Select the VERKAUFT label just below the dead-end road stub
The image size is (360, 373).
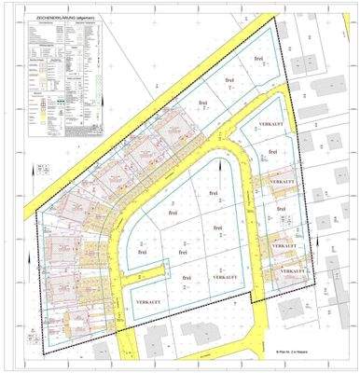(x=152, y=304)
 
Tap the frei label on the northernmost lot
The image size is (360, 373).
(x=258, y=58)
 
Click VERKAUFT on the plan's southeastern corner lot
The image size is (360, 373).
(x=291, y=270)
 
